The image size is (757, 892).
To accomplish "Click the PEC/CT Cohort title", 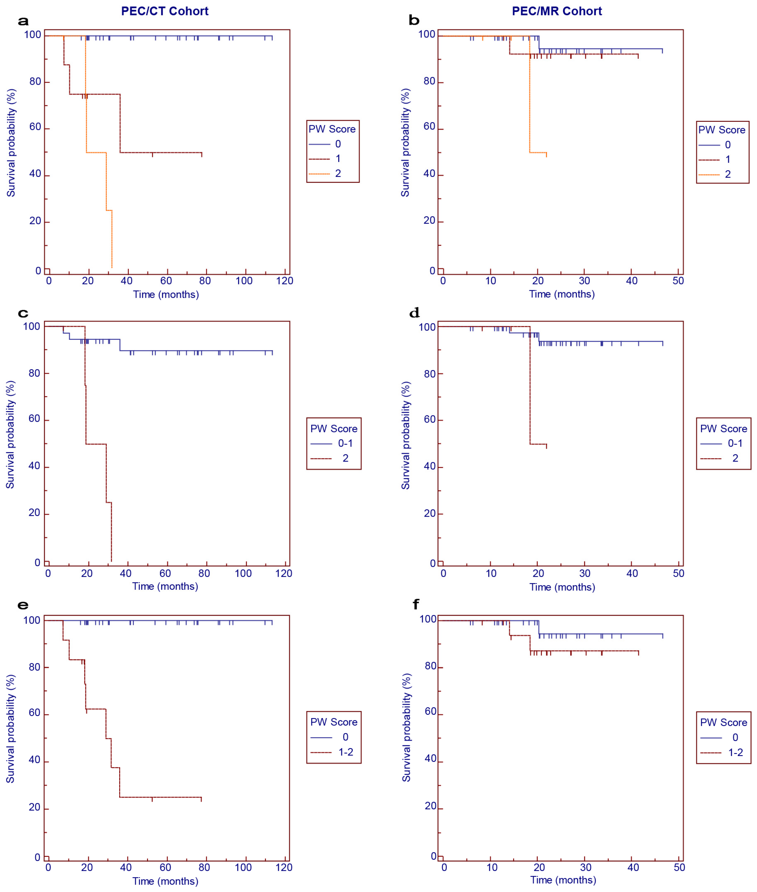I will tap(165, 11).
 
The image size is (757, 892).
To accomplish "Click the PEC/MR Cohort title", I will tap(557, 11).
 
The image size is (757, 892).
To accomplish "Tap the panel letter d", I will tap(414, 313).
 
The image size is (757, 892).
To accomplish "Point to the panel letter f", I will tap(415, 604).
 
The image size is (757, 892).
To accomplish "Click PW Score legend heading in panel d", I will tap(724, 429).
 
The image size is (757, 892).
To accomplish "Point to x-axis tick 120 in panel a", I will tap(285, 281).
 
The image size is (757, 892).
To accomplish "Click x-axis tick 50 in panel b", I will tap(678, 281).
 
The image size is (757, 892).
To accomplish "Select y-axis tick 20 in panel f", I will tap(430, 806).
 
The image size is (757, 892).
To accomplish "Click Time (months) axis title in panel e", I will tap(165, 881).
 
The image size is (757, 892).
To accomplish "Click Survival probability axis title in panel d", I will tap(406, 435).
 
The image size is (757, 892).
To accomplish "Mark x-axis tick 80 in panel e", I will tap(204, 867).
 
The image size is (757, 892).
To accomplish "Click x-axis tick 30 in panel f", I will tap(586, 867).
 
